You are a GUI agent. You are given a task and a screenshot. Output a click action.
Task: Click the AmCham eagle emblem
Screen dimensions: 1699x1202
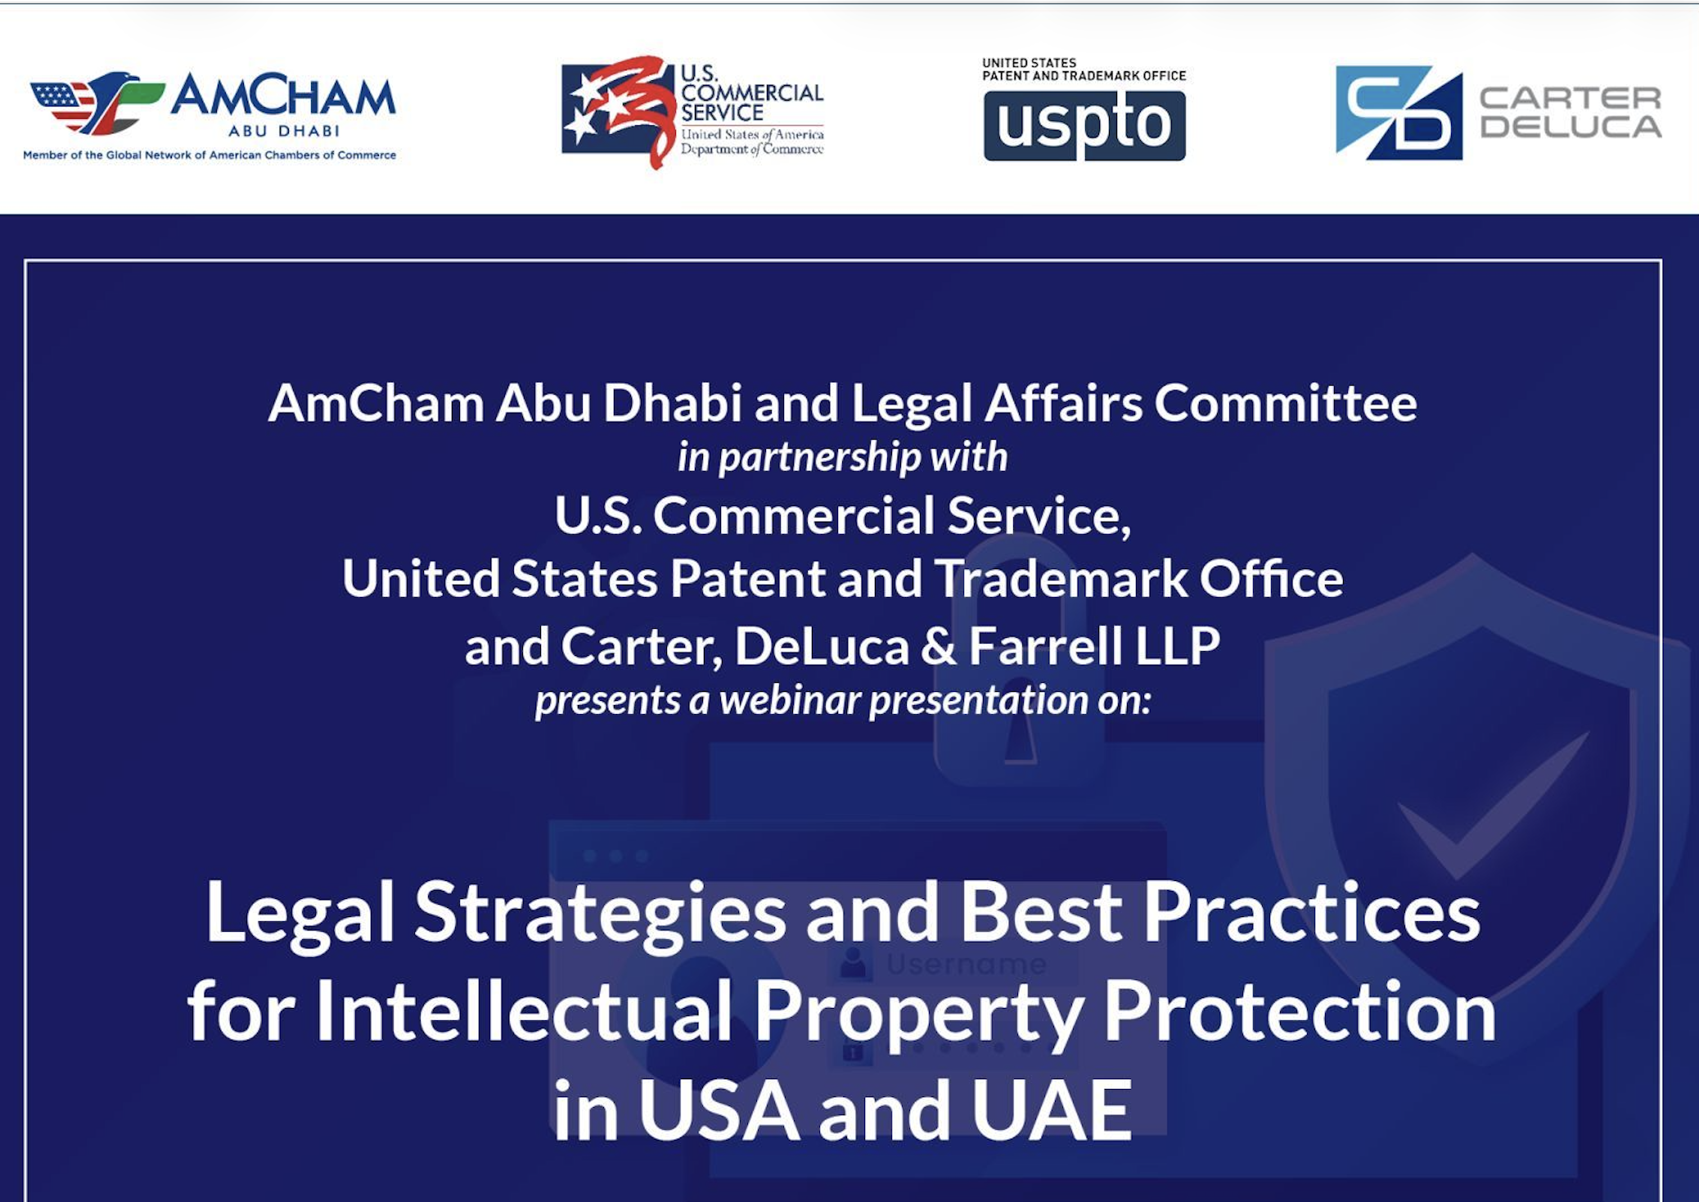coord(97,102)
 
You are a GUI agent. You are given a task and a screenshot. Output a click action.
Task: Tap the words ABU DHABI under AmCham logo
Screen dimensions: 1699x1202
coord(284,131)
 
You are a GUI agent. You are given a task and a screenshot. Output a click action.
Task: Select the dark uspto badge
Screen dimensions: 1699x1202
coord(1084,125)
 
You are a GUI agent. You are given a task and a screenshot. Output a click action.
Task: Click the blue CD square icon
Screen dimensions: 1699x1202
coord(1399,112)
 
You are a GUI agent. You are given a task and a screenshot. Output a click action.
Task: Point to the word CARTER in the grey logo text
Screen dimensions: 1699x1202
coord(1570,98)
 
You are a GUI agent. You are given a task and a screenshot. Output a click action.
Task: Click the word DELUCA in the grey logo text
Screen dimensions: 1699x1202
coord(1570,127)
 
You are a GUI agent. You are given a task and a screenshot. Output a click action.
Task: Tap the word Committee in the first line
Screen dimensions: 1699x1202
coord(1286,403)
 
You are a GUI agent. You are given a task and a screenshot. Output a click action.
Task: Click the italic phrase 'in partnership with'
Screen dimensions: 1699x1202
coord(842,457)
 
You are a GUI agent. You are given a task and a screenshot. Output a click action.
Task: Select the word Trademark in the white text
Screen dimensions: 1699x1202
coord(1061,579)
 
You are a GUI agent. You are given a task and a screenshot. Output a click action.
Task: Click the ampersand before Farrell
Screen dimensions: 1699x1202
coord(939,647)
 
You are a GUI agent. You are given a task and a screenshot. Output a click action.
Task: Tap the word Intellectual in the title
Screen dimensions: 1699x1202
coord(523,1013)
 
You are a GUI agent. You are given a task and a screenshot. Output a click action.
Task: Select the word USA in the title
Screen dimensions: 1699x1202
coord(719,1111)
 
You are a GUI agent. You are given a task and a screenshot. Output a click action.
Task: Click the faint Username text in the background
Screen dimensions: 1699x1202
coord(967,965)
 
